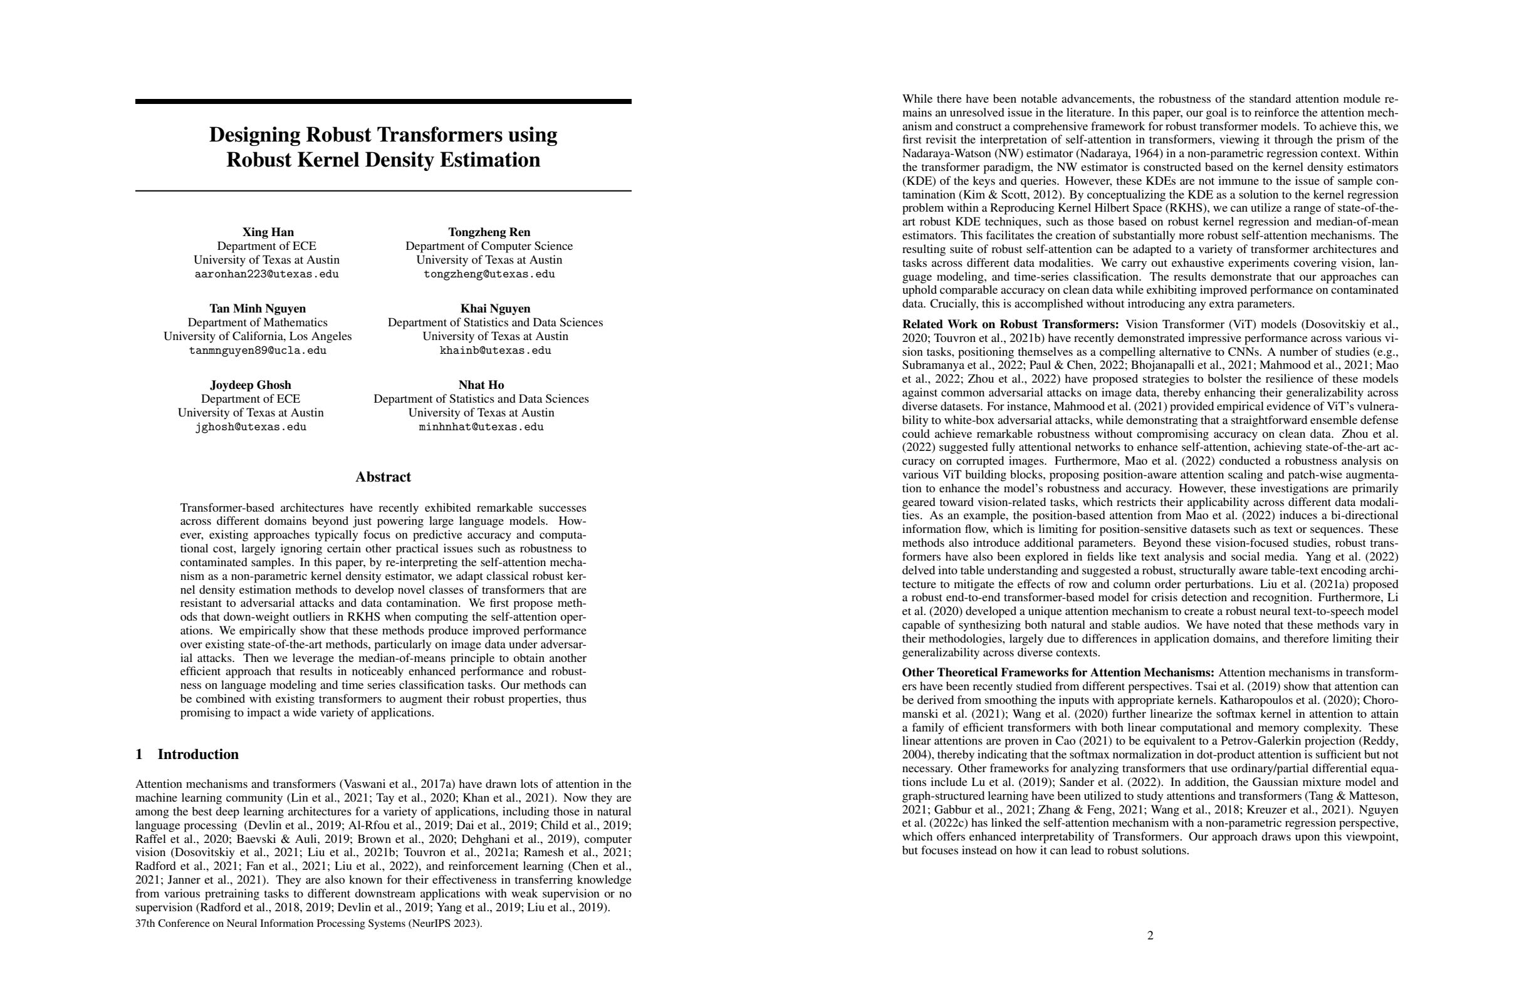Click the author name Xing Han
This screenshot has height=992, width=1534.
(x=268, y=232)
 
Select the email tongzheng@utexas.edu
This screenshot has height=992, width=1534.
(x=489, y=274)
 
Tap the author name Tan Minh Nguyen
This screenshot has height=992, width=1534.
(x=257, y=309)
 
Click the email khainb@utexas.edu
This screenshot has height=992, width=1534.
(x=495, y=351)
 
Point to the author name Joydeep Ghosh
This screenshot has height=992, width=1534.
(x=250, y=385)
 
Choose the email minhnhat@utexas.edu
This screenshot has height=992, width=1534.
(x=481, y=427)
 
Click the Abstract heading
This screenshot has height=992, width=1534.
(x=383, y=477)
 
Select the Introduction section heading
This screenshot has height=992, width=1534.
(x=197, y=754)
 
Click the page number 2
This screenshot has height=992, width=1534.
(x=1150, y=935)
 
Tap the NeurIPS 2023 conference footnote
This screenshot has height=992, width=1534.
(x=308, y=923)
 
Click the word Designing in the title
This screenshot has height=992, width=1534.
(x=254, y=135)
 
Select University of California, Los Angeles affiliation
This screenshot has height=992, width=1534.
(x=257, y=336)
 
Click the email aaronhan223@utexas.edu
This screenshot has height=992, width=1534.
(x=266, y=274)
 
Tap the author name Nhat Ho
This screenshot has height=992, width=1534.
(x=481, y=385)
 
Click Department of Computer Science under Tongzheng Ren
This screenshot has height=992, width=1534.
(x=489, y=246)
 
